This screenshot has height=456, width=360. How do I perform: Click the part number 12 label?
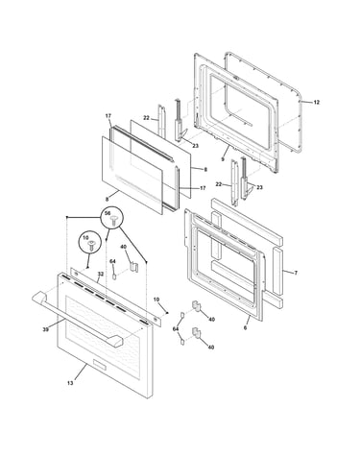pos(316,103)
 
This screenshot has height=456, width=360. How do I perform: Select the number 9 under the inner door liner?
pos(223,159)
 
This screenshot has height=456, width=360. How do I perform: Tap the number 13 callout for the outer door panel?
pos(70,383)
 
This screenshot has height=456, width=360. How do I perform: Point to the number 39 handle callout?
pos(46,329)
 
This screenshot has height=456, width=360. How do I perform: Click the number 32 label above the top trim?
pos(101,275)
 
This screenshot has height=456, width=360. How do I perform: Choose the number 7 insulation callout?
pos(296,273)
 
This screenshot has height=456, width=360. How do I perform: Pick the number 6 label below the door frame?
pos(245,327)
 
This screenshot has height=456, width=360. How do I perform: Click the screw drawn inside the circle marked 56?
pos(113,221)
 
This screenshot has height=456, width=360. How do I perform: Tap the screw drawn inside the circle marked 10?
pos(91,246)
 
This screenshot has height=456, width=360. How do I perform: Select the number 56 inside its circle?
pos(108,213)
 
